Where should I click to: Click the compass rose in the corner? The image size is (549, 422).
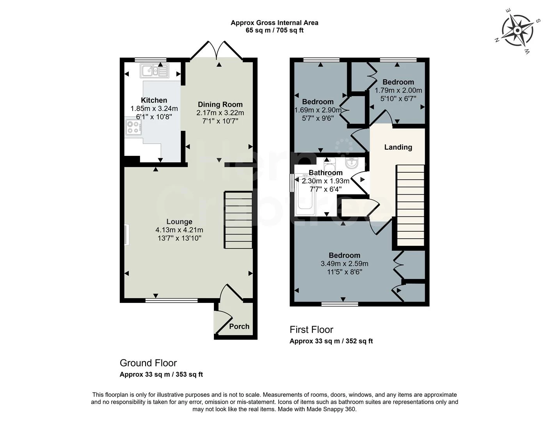[517, 30]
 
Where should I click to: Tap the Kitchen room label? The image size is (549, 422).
[154, 100]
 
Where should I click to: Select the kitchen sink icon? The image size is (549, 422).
[155, 71]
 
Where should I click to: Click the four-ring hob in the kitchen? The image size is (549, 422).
[133, 127]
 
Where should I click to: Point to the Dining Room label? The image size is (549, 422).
[220, 104]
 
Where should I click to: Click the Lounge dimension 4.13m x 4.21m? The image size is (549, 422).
[179, 230]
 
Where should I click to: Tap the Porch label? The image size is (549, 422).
[239, 326]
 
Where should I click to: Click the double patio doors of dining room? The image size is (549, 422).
[217, 51]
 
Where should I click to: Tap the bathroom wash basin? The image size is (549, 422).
[352, 162]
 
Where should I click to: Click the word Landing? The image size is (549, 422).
[398, 147]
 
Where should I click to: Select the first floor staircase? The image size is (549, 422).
[410, 205]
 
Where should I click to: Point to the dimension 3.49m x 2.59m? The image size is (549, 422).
[344, 264]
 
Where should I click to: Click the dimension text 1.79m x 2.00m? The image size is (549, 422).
[398, 90]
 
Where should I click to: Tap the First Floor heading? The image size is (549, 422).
[311, 329]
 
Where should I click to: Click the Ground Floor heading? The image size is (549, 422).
[148, 363]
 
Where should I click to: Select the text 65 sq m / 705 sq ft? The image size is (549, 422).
[274, 30]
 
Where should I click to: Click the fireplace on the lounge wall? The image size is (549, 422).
[126, 235]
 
